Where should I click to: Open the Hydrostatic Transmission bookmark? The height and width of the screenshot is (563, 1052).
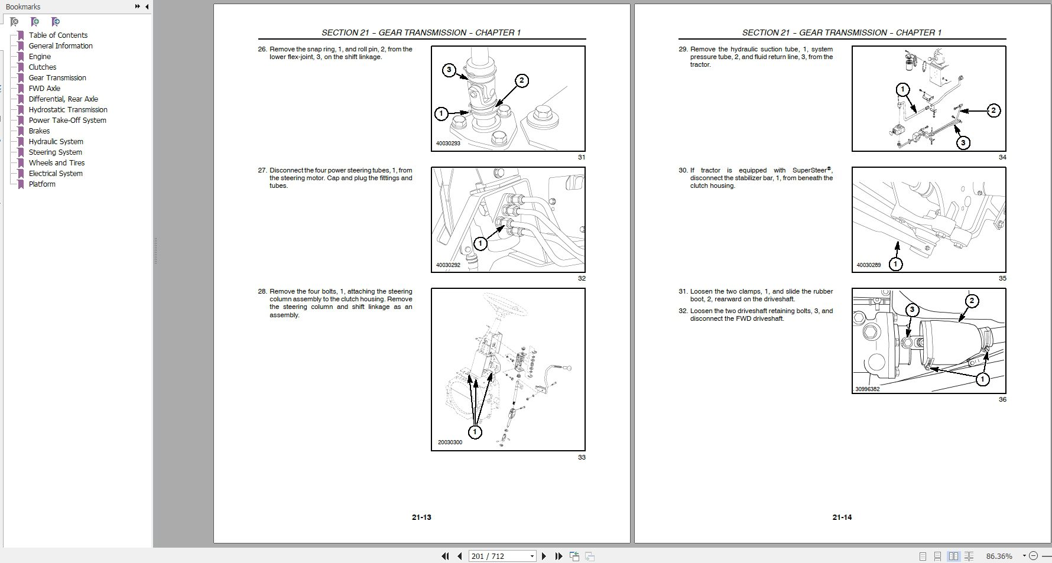click(68, 109)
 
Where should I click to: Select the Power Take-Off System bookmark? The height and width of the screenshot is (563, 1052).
click(67, 120)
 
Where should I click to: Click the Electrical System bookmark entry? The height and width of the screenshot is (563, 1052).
click(56, 173)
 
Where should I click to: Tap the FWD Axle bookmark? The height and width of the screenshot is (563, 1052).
click(44, 88)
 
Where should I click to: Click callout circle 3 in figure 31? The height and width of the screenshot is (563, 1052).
click(449, 70)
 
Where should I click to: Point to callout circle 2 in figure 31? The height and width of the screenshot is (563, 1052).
click(521, 80)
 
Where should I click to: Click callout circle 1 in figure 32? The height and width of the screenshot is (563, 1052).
click(480, 243)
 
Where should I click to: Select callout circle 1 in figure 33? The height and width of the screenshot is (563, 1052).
click(475, 432)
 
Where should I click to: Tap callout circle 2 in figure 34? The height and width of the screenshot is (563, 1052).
click(993, 110)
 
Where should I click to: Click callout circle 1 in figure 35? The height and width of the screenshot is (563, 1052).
click(895, 263)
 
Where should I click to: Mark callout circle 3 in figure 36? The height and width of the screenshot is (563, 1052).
click(912, 310)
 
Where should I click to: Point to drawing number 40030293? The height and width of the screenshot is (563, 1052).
click(448, 144)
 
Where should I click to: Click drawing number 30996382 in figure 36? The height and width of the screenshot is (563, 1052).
click(867, 389)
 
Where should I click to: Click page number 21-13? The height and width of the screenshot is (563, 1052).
click(421, 517)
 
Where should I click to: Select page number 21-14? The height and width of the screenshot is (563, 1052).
click(842, 517)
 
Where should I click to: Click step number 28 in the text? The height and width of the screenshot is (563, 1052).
click(262, 291)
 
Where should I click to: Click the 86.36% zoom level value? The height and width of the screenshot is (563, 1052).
click(999, 556)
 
